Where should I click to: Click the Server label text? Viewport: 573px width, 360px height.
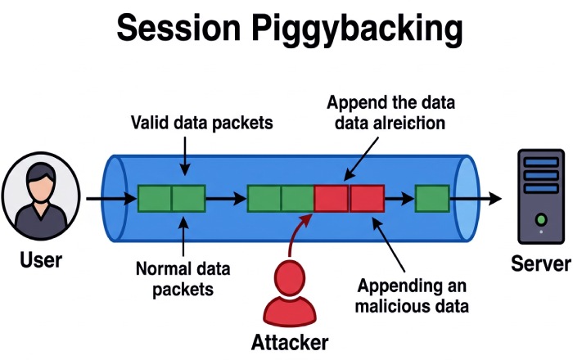point(539,264)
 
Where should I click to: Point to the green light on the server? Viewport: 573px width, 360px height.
point(540,219)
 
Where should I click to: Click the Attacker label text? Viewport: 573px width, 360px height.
point(291,342)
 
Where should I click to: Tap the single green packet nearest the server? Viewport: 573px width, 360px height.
point(431,199)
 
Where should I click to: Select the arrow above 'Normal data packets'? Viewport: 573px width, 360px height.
point(185,238)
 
